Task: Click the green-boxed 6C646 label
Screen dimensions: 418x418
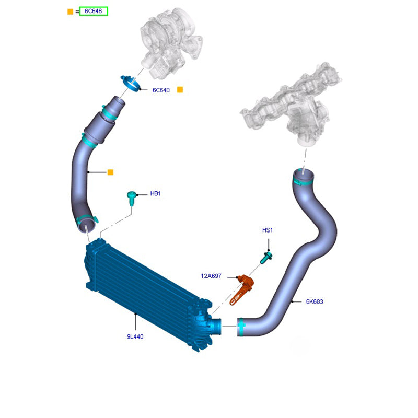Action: coord(94,11)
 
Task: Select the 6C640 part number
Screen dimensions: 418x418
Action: coord(161,90)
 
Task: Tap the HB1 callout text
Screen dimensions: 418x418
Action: coord(155,193)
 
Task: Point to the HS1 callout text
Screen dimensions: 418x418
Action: coord(268,230)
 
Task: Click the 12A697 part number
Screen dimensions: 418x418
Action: coord(211,276)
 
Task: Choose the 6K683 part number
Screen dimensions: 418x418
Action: coord(315,302)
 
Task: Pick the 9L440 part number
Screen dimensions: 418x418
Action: coord(135,336)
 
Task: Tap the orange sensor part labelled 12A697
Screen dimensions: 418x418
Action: coord(242,289)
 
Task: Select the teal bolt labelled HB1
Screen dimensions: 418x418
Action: coord(131,198)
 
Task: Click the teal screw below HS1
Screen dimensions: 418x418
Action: coord(266,258)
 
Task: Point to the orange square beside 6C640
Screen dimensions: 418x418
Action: coord(180,90)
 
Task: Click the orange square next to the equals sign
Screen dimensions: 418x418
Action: coord(70,11)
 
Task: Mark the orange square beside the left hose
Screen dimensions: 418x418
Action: coord(110,172)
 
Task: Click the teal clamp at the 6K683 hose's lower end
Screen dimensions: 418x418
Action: coord(241,327)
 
